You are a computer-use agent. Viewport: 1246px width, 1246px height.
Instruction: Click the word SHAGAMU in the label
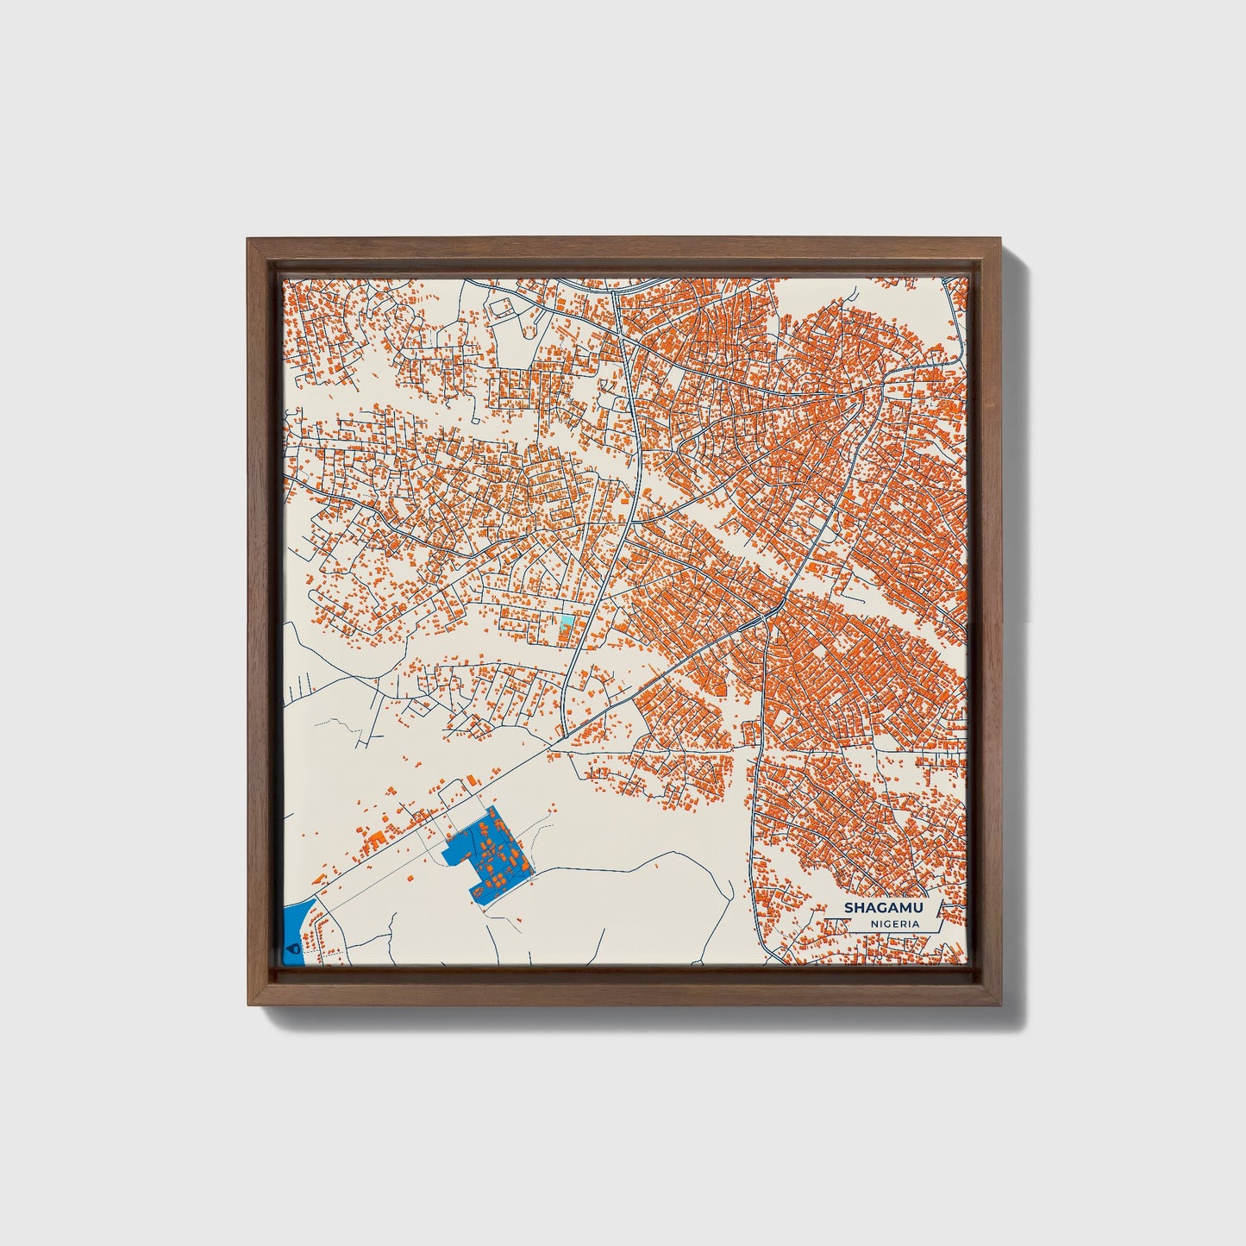882,907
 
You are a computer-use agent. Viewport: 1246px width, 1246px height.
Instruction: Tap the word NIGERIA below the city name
894,924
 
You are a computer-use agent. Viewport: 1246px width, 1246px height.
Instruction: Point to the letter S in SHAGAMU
848,907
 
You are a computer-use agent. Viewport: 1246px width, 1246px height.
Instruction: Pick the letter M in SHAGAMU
904,907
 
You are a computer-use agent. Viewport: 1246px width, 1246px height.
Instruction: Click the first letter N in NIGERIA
874,924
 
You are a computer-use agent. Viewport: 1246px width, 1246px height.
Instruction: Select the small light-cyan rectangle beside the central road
566,621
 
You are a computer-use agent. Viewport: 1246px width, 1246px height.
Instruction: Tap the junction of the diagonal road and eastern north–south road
764,619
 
